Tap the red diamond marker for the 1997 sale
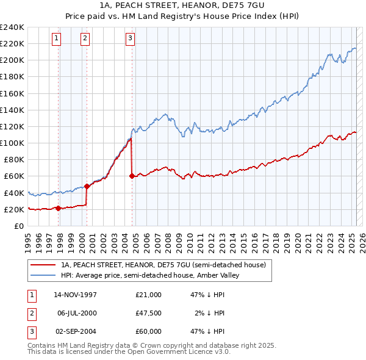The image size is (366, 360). (59, 209)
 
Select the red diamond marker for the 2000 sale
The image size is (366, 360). (87, 187)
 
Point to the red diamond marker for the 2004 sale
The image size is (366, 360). (132, 176)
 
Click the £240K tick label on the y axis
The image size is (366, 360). (12, 27)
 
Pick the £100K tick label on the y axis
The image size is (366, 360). (12, 143)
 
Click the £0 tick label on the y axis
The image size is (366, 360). (18, 226)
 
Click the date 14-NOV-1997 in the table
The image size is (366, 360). (76, 295)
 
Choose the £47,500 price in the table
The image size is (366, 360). (149, 313)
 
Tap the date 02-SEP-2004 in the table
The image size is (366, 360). (76, 331)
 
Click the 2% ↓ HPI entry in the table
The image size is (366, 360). (210, 313)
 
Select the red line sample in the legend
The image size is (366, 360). (43, 265)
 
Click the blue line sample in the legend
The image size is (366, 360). (43, 275)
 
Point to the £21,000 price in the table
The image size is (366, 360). (149, 295)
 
